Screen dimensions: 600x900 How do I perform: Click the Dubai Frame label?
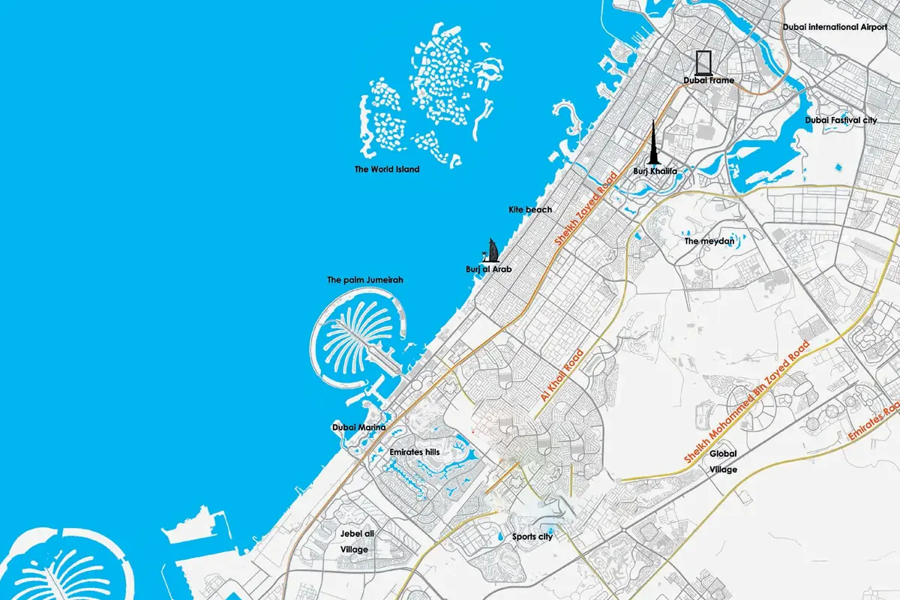coord(708,80)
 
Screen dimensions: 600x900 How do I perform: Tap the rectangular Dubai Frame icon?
coord(703,62)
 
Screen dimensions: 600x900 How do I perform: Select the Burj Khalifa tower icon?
coord(654,144)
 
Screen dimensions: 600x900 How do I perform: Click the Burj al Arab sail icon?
coord(492,250)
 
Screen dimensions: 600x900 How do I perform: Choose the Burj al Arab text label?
coord(488,268)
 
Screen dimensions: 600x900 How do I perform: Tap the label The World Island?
coord(387,169)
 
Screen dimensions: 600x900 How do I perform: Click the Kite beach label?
coord(529,210)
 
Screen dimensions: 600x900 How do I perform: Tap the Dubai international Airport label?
coord(839,27)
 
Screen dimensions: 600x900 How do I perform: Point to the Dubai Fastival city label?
coord(841,120)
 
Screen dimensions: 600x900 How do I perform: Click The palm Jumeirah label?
coord(365,280)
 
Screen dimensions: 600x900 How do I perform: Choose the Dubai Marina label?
coord(358,427)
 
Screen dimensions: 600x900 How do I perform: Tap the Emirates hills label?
coord(414,452)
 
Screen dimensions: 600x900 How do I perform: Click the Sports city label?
coord(532,537)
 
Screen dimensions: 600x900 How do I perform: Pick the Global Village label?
coord(724,461)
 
